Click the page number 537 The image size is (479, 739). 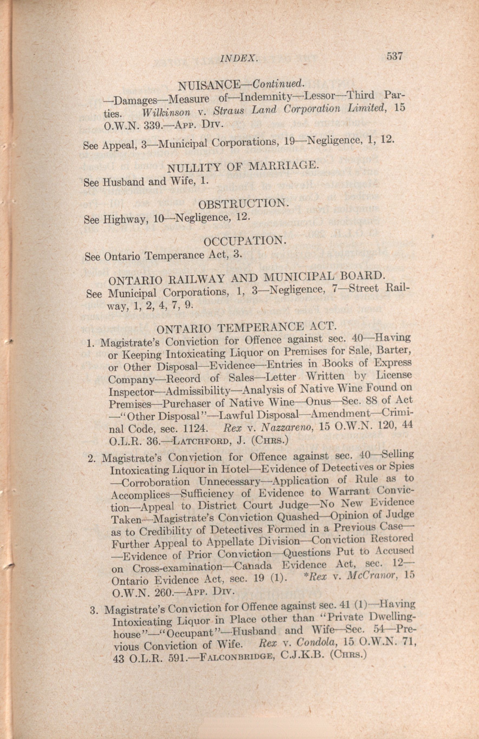pos(394,56)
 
